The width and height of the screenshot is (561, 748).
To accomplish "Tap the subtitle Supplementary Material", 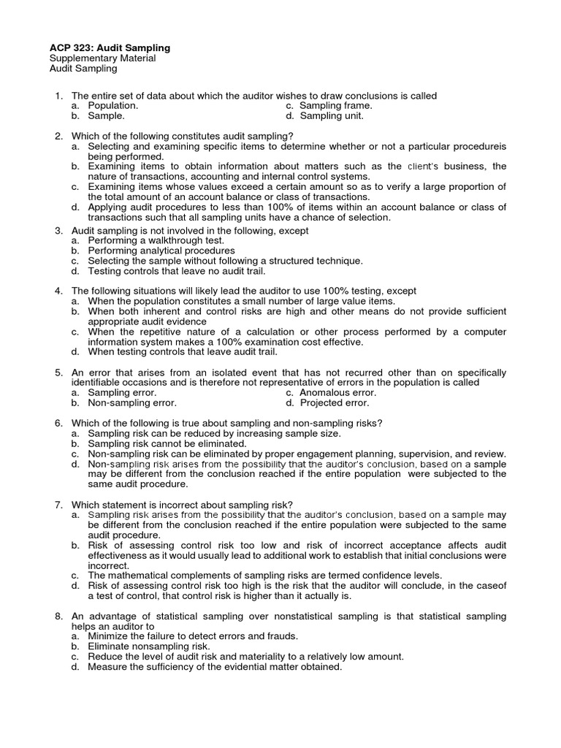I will click(x=102, y=58).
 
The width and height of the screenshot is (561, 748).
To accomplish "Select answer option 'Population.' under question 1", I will click(x=112, y=105).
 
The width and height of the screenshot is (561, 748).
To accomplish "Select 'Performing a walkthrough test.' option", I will click(x=156, y=240).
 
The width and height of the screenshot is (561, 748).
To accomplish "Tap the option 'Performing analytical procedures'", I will click(x=161, y=251).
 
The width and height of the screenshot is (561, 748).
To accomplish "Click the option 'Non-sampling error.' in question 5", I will click(x=132, y=402).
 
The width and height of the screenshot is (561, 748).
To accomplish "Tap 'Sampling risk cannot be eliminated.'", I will click(x=167, y=443).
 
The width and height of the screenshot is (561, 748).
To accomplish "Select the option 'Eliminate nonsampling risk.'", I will click(x=149, y=646).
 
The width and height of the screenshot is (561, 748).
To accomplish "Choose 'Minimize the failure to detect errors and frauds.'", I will click(x=196, y=636).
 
